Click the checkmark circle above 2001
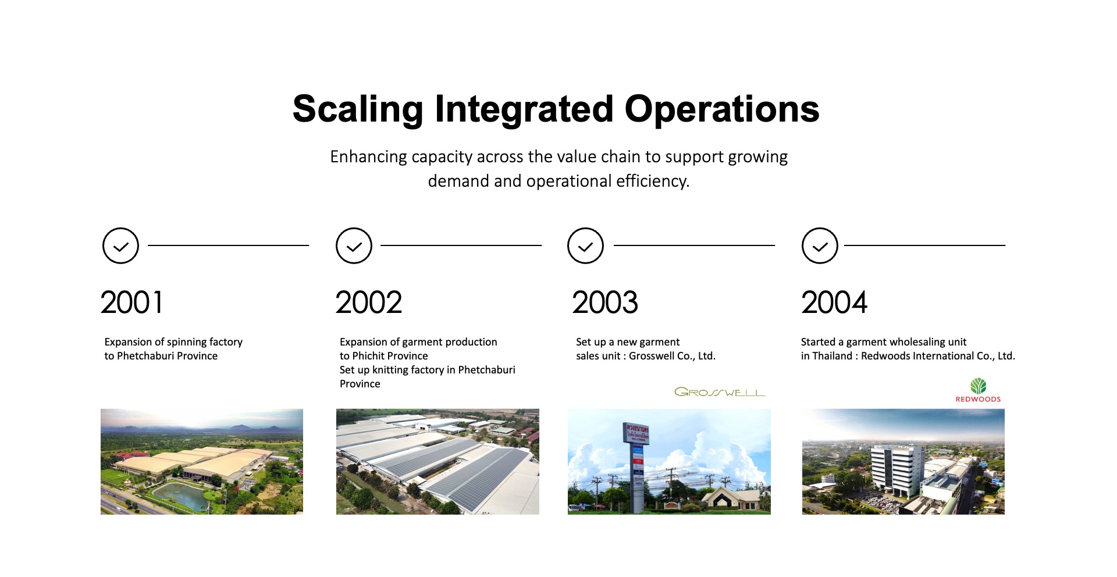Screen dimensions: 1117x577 pos(120,229)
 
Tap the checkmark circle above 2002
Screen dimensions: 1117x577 pos(354,229)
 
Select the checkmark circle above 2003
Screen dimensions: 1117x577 pos(585,229)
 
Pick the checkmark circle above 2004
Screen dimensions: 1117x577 pos(820,229)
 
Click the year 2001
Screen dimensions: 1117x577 pos(131,302)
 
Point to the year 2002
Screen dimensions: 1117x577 pos(368,302)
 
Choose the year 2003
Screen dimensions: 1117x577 pos(605,302)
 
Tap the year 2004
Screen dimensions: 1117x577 pos(834,302)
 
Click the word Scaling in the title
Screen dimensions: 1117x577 pos(358,110)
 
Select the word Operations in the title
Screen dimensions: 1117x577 pos(722,109)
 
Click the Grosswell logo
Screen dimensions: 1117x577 pos(720,392)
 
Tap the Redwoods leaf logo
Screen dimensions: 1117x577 pos(978,386)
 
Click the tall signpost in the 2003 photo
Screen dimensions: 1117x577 pos(637,465)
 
